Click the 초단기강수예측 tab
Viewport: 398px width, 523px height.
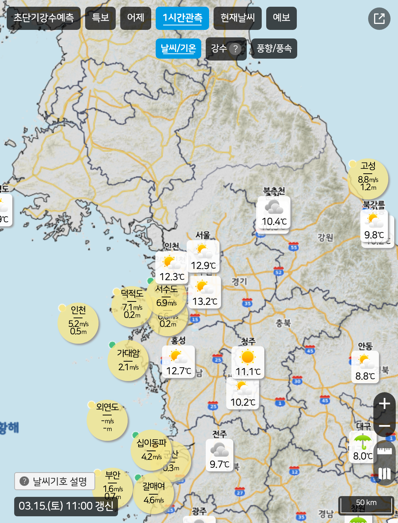point(44,18)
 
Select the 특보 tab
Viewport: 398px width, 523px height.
point(100,18)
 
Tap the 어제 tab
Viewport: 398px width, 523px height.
point(136,18)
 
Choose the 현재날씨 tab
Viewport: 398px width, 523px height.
point(237,18)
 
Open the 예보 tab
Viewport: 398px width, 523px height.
point(281,18)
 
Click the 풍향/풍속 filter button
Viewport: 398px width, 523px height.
point(274,49)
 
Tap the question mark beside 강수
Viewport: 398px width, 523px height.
point(235,49)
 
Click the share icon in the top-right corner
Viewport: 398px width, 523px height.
point(379,19)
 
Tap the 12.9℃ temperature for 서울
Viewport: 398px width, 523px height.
point(203,266)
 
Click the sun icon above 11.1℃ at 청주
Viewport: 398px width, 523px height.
point(248,357)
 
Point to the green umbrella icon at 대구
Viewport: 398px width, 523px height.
point(363,442)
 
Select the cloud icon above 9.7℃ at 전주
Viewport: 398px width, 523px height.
point(219,449)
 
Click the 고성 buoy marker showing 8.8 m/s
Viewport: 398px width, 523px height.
point(368,179)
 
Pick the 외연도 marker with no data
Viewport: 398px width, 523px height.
point(107,420)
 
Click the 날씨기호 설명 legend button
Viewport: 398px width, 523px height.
point(55,481)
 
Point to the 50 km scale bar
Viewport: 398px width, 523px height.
point(366,505)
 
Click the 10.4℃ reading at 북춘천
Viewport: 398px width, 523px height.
point(274,222)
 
